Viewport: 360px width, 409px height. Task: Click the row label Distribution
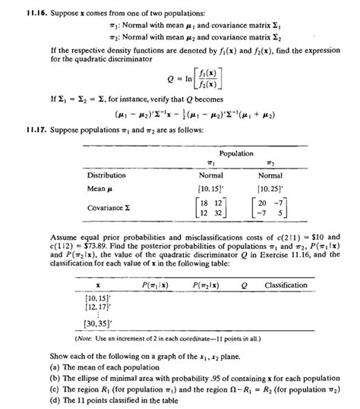click(x=105, y=175)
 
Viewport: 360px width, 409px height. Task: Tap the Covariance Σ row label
click(x=108, y=207)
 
